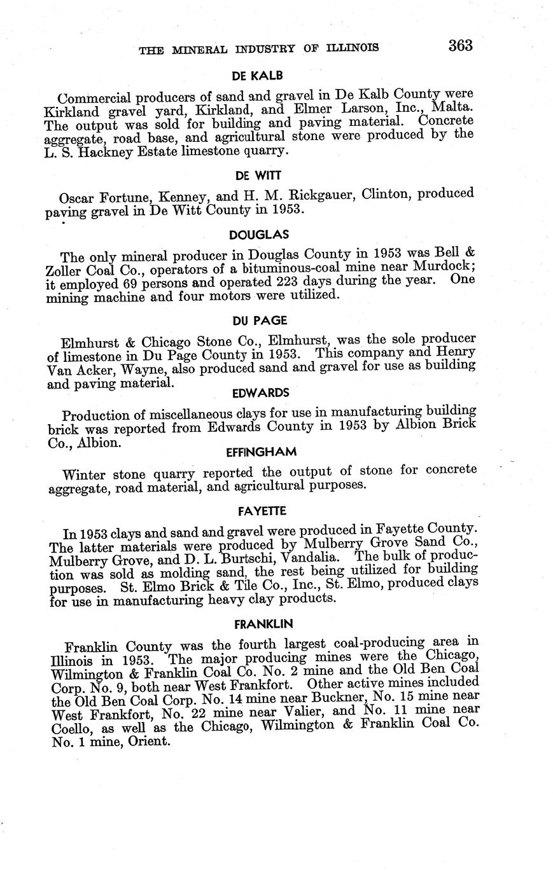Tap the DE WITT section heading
coord(258,175)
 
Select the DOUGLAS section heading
coord(258,234)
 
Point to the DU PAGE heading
coord(260,321)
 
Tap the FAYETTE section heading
coord(262,511)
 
